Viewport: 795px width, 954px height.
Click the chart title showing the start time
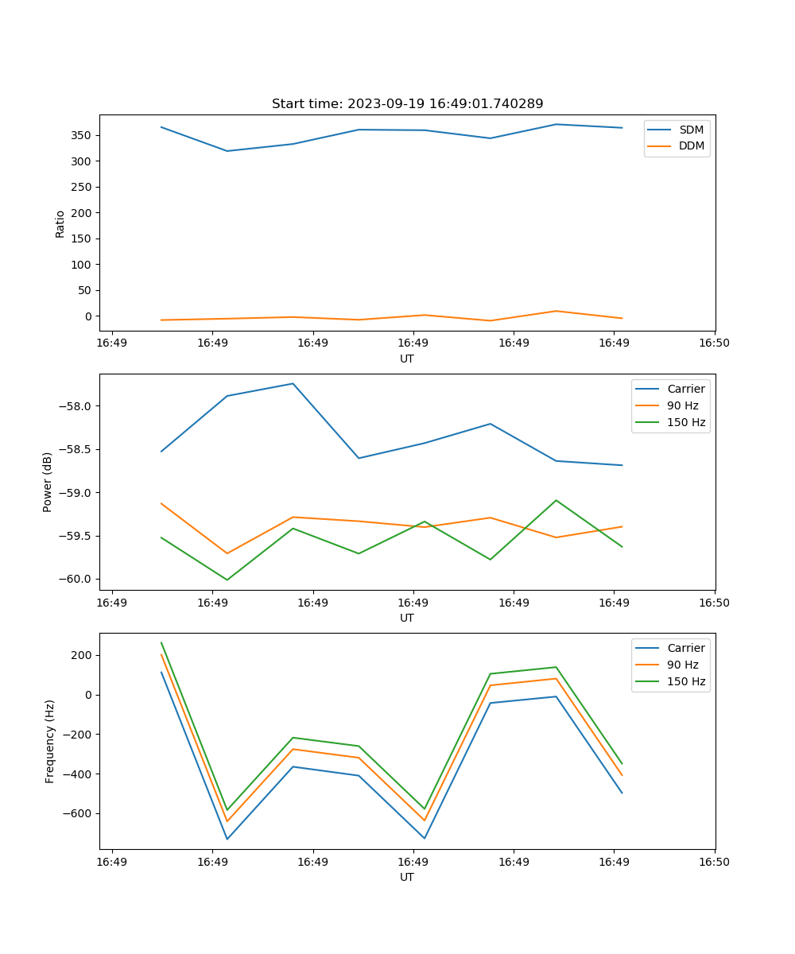407,104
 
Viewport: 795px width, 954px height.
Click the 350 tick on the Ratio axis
83,135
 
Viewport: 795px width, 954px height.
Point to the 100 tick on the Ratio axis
83,264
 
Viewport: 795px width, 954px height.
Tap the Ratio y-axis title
60,223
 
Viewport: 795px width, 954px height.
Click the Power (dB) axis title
48,482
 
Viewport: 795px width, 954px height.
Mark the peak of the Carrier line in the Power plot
293,384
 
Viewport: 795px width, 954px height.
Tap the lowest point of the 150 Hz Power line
227,580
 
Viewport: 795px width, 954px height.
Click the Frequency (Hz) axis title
50,741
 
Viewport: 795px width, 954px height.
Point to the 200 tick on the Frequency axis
83,655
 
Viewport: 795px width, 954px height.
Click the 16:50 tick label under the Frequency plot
715,862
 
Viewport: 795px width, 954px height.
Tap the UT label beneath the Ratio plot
407,359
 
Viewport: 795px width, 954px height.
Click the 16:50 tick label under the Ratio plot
715,343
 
